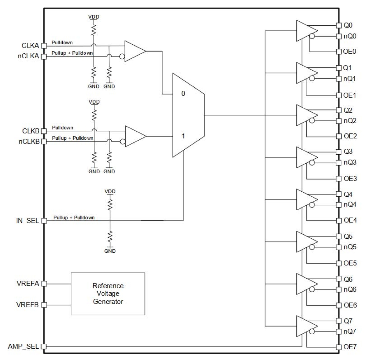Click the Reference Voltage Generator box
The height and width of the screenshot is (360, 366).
108,293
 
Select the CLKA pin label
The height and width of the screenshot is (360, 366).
30,46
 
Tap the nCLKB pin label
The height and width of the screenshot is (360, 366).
29,142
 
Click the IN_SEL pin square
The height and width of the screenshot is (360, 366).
44,221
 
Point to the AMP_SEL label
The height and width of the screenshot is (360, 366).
23,347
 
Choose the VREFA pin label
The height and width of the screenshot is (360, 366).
28,284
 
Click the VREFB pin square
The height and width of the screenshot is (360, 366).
44,305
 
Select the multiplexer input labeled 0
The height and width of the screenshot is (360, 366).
183,94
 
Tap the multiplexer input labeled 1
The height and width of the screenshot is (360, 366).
183,136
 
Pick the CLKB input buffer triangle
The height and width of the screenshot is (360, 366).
134,136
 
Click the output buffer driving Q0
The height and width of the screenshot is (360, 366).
305,30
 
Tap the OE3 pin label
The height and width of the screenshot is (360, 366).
350,179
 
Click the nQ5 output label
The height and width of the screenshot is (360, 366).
350,247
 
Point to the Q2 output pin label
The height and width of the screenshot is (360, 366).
348,110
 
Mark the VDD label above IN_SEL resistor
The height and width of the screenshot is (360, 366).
110,191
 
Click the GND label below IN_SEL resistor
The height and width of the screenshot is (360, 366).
110,251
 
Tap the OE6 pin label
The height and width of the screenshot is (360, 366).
350,305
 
